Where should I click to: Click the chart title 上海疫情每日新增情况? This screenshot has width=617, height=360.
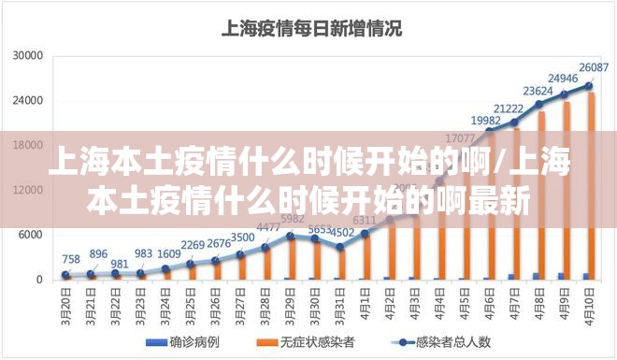(x=310, y=28)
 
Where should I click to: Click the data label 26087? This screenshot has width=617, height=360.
(x=594, y=67)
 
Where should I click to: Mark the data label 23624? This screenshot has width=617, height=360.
(x=538, y=91)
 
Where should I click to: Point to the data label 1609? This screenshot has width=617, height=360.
(x=169, y=253)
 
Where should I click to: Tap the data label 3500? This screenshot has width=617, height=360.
(x=242, y=238)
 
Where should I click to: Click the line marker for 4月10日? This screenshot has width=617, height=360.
(x=589, y=85)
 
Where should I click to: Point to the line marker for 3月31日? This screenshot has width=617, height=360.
(x=340, y=247)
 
